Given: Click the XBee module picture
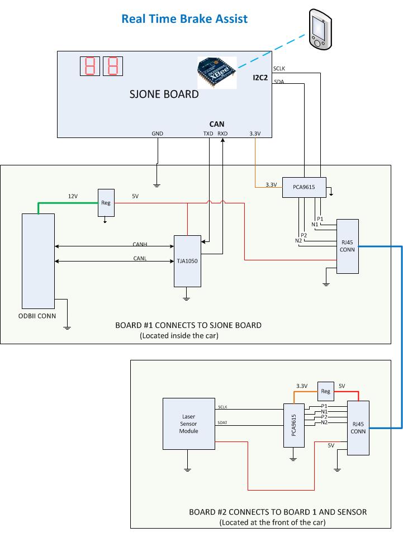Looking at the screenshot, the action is (x=217, y=73).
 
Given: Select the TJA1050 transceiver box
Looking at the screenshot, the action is (x=187, y=261).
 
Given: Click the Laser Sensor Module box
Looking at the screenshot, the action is (x=189, y=424).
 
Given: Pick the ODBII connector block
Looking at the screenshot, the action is (x=39, y=261).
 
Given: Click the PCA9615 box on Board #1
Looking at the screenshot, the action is (x=304, y=187).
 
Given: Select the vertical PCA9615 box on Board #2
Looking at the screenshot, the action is (x=294, y=425).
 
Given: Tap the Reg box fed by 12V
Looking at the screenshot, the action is (x=106, y=203).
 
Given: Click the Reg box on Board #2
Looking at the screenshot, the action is (x=325, y=391).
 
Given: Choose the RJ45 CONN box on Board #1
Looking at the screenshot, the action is (x=348, y=246).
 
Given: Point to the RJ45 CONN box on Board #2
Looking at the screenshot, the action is (x=358, y=427).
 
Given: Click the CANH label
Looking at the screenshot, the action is (x=140, y=244).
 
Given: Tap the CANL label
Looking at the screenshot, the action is (x=140, y=258).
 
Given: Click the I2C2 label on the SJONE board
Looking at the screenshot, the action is (x=260, y=78).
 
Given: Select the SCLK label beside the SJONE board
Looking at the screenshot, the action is (x=279, y=69).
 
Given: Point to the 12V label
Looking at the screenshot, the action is (x=73, y=196).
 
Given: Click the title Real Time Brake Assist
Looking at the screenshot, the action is (x=184, y=18).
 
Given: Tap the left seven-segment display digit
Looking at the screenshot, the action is (x=90, y=66).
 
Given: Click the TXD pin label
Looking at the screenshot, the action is (x=208, y=134).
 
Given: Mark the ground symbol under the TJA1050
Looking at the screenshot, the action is (x=187, y=298).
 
